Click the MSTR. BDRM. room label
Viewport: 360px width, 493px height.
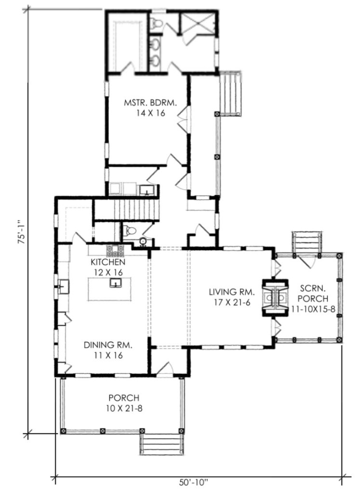coord(150,103)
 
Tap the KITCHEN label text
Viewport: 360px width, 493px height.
coord(108,262)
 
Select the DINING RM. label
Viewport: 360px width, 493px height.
coord(108,345)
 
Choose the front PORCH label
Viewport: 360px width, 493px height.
coord(123,398)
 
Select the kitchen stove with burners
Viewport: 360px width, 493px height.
coord(116,250)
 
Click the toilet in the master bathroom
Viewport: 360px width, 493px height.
coord(156,23)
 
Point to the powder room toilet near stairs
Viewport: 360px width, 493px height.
coord(129,231)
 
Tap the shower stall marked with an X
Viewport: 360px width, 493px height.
coord(198,24)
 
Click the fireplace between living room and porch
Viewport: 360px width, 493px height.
coord(276,297)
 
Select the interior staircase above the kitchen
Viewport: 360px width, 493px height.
coord(127,210)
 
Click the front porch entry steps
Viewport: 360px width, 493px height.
coord(162,443)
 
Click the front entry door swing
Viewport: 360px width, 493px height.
coord(165,368)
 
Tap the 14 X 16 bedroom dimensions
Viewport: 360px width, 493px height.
coord(150,113)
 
